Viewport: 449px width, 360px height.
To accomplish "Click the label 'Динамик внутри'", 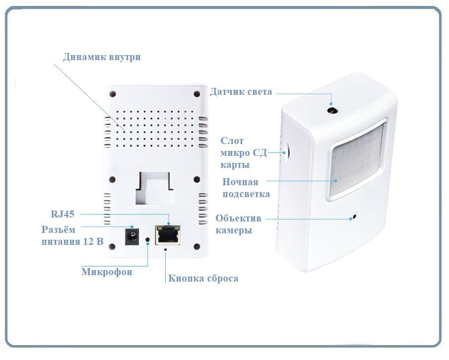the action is point(102,57).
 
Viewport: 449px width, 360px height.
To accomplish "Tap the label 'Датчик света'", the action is point(241,92).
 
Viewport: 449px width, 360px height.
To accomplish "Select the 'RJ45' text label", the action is point(63,214).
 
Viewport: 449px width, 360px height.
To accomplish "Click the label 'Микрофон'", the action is point(107,272).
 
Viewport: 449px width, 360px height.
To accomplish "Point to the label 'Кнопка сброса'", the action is point(203,278).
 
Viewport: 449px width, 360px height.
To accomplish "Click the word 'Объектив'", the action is point(238,218).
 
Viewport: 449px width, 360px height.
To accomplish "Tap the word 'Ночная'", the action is point(240,182).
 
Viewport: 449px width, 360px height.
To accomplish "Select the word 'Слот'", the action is point(232,141).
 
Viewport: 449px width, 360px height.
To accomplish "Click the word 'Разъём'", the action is point(59,229).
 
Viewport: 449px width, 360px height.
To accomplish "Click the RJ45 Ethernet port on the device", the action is point(168,235).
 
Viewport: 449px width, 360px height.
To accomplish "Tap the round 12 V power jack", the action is point(132,236).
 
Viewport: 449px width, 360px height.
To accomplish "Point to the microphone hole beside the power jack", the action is point(148,239).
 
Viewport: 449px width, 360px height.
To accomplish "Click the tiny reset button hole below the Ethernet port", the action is point(165,249).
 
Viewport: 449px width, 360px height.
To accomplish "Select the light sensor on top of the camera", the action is point(332,110).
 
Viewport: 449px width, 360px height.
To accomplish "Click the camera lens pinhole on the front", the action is point(355,216).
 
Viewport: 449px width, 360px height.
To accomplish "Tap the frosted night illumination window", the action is point(357,160).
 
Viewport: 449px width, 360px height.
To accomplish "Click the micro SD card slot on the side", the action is point(287,150).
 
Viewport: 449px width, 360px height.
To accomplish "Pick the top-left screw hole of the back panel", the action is point(113,94).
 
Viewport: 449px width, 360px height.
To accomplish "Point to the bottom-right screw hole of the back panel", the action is point(197,246).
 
